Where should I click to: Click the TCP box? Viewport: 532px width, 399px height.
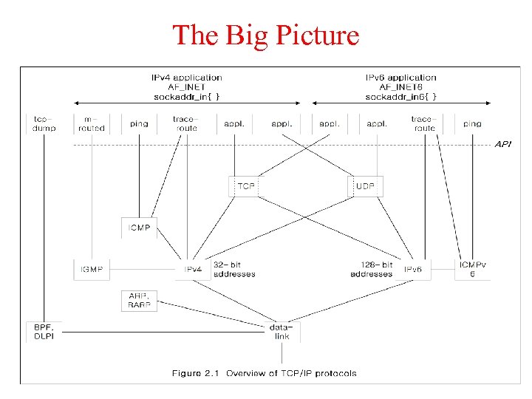coord(246,186)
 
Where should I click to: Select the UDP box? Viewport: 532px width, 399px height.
coord(366,186)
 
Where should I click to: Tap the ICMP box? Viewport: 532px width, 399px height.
coord(140,228)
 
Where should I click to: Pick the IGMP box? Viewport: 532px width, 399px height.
coord(92,270)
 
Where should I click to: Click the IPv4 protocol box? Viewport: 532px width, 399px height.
coord(192,270)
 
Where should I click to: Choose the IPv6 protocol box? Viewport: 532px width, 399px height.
coord(413,270)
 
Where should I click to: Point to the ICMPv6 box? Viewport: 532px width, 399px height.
coord(472,269)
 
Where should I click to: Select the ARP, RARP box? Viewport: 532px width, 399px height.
coord(140,300)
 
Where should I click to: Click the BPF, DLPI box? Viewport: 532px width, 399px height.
coord(44,331)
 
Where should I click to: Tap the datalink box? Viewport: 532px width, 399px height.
coord(282,331)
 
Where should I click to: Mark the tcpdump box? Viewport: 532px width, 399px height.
coord(44,123)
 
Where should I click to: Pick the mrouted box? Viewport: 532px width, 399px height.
coord(92,123)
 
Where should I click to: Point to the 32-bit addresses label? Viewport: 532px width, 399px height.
coord(233,269)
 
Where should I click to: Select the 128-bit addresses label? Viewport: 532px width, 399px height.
coord(372,269)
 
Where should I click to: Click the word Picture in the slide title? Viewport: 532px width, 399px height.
coord(313,35)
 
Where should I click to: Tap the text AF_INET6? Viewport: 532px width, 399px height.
coord(401,86)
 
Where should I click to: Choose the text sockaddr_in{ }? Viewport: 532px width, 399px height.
coord(186,96)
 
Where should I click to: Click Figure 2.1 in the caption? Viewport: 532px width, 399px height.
coord(197,373)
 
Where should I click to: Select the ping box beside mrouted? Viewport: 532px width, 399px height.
coord(139,123)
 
